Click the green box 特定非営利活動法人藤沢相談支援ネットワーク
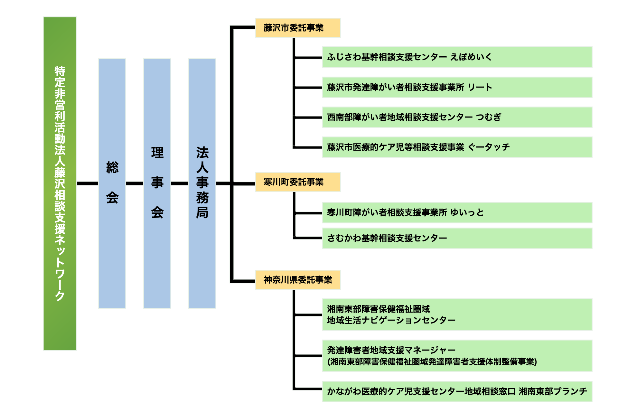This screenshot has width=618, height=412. [x=60, y=183]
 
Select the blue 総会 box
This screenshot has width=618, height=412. [x=112, y=183]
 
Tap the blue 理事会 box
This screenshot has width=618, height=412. [x=157, y=183]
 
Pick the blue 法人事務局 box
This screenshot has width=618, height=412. [x=202, y=183]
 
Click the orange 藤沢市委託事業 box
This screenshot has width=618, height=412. [x=297, y=28]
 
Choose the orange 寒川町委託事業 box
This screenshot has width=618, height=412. [x=297, y=182]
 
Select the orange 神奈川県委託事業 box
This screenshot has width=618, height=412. [x=297, y=280]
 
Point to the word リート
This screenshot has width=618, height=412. [x=480, y=87]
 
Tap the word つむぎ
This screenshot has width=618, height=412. [x=488, y=117]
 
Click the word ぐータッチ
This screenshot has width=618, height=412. [x=489, y=147]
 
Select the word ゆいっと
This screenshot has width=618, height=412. [x=467, y=212]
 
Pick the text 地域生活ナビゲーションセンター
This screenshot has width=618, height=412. [x=391, y=320]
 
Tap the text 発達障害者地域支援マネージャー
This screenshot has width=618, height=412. [x=391, y=350]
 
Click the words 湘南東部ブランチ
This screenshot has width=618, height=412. [x=553, y=391]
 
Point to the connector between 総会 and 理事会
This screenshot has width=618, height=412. [x=135, y=183]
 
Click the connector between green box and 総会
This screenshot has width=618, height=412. [x=87, y=183]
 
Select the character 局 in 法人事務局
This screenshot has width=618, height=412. [x=202, y=212]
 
